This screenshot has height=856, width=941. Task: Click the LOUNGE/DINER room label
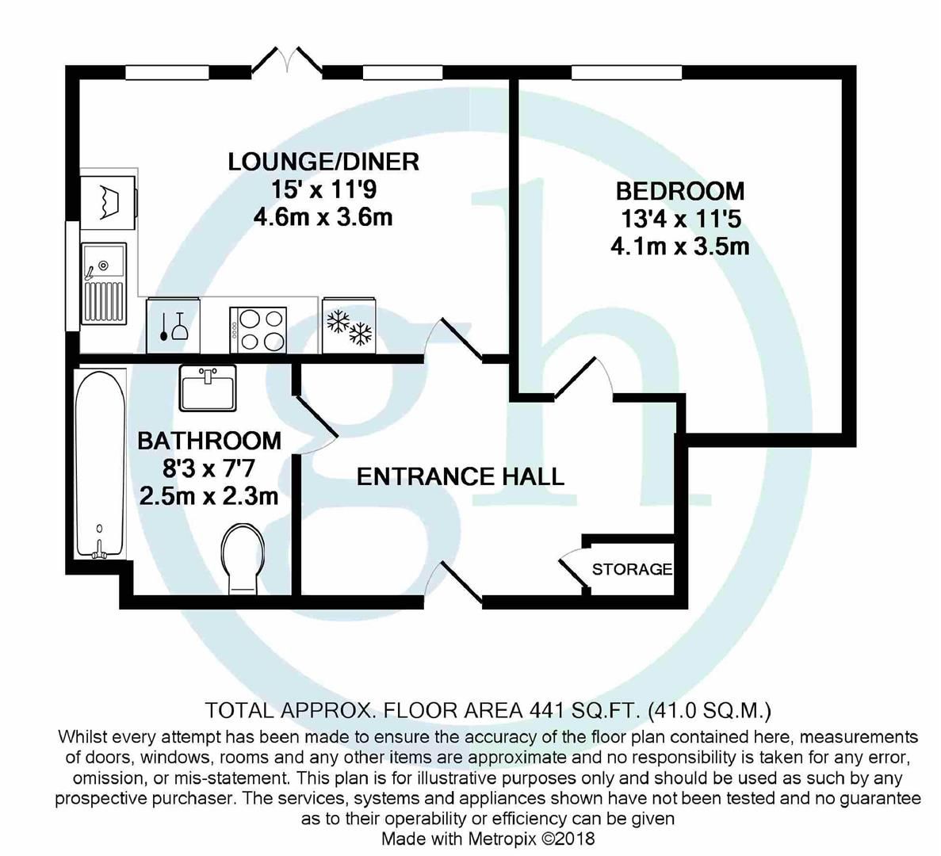click(x=323, y=162)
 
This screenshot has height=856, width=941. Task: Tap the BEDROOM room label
click(x=680, y=191)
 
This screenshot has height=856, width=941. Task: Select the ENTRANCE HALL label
click(x=460, y=476)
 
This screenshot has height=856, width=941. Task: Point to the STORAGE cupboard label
click(x=632, y=569)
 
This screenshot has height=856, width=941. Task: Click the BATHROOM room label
click(x=209, y=440)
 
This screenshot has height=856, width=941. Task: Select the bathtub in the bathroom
click(x=98, y=464)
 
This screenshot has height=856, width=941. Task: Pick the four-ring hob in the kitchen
click(x=257, y=330)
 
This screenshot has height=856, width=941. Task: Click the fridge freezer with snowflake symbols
click(x=350, y=327)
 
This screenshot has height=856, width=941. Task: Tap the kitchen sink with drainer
click(x=103, y=281)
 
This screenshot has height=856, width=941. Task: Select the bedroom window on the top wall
click(x=626, y=72)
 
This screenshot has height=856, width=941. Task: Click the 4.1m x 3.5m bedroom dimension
click(x=679, y=246)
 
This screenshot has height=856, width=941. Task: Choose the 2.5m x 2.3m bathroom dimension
click(x=208, y=497)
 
